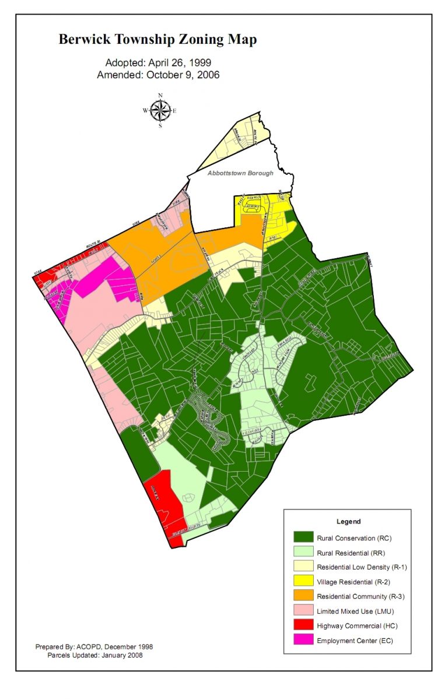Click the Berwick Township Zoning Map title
pyautogui.click(x=157, y=40)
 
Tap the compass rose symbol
pyautogui.click(x=160, y=110)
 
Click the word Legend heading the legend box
pyautogui.click(x=348, y=522)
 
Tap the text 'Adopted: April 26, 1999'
pyautogui.click(x=158, y=62)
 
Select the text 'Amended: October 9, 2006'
pyautogui.click(x=158, y=75)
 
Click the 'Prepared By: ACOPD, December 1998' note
pyautogui.click(x=94, y=647)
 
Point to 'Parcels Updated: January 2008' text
pyautogui.click(x=94, y=655)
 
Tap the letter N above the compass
pyautogui.click(x=160, y=95)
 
